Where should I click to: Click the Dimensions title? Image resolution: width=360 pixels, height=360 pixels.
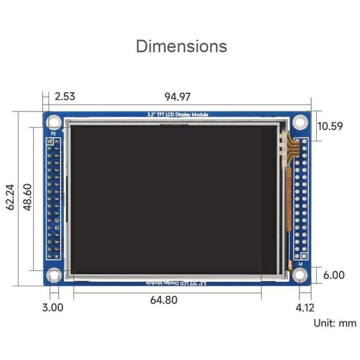(x=181, y=46)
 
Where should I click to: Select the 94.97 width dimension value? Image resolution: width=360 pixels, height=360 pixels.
(x=177, y=96)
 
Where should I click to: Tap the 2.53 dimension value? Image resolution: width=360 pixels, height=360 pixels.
(x=65, y=96)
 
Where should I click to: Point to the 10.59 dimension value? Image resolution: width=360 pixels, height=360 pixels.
(x=330, y=126)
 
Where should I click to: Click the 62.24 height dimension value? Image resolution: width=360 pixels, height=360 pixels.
(x=11, y=198)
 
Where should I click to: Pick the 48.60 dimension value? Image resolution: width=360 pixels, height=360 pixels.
(x=28, y=198)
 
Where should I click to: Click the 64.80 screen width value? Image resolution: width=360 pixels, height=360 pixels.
(x=164, y=300)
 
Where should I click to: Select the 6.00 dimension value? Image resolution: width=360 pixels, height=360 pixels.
(x=333, y=275)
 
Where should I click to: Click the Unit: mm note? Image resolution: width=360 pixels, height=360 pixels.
(x=335, y=323)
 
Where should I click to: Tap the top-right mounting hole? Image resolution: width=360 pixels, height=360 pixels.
(x=300, y=122)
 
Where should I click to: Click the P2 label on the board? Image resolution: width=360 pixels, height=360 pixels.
(x=53, y=134)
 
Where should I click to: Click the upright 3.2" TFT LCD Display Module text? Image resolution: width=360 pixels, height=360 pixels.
(x=178, y=115)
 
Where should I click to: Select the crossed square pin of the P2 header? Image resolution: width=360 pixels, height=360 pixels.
(x=49, y=142)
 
